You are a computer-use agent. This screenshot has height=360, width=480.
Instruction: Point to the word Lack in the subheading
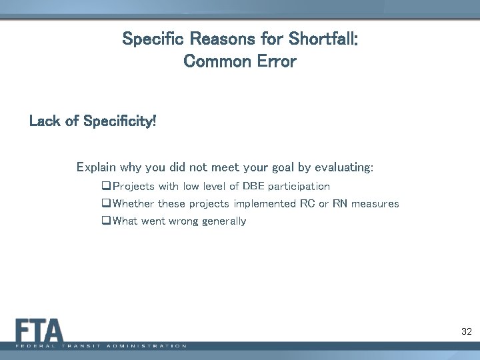point(45,122)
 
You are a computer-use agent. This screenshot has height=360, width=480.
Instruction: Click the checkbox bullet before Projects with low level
point(107,187)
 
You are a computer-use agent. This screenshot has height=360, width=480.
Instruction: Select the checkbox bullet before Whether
point(107,204)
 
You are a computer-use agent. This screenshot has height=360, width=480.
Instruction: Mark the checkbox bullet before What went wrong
point(107,221)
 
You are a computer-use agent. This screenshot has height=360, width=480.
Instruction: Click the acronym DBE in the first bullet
point(254,187)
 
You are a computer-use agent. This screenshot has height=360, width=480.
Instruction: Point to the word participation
point(299,187)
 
